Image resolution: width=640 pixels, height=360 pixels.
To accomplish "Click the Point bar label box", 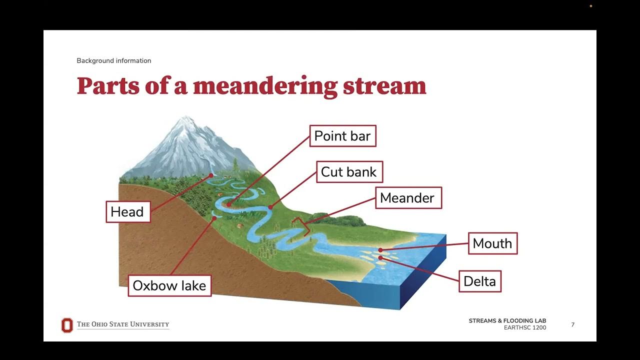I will pyautogui.click(x=342, y=136).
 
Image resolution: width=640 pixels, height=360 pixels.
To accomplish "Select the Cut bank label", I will pyautogui.click(x=348, y=172).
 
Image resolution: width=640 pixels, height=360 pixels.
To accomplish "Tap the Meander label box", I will pyautogui.click(x=407, y=198).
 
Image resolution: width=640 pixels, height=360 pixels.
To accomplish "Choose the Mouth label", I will pyautogui.click(x=492, y=243).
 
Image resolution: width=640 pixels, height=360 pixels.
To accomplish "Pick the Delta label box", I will pyautogui.click(x=479, y=281).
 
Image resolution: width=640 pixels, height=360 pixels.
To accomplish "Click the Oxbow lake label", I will pyautogui.click(x=169, y=285).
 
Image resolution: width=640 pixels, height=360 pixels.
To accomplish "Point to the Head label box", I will pyautogui.click(x=127, y=211).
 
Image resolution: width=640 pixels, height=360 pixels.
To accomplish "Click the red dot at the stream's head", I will pyautogui.click(x=211, y=175).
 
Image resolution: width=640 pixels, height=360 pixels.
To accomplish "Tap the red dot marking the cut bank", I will pyautogui.click(x=270, y=207).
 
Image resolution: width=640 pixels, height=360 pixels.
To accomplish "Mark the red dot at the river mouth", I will pyautogui.click(x=380, y=250).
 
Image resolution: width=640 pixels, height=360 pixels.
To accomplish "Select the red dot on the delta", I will pyautogui.click(x=380, y=257).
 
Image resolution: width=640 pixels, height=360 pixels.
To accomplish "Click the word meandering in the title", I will pyautogui.click(x=265, y=86).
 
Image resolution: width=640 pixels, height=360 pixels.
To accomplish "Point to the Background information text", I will pyautogui.click(x=114, y=60).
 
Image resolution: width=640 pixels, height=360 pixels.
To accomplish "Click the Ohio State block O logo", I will pyautogui.click(x=67, y=325).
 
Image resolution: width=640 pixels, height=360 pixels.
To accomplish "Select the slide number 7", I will pyautogui.click(x=572, y=325).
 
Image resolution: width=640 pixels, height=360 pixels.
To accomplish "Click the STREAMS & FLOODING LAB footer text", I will pyautogui.click(x=507, y=321).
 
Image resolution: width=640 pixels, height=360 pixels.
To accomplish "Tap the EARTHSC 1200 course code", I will pyautogui.click(x=525, y=328).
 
